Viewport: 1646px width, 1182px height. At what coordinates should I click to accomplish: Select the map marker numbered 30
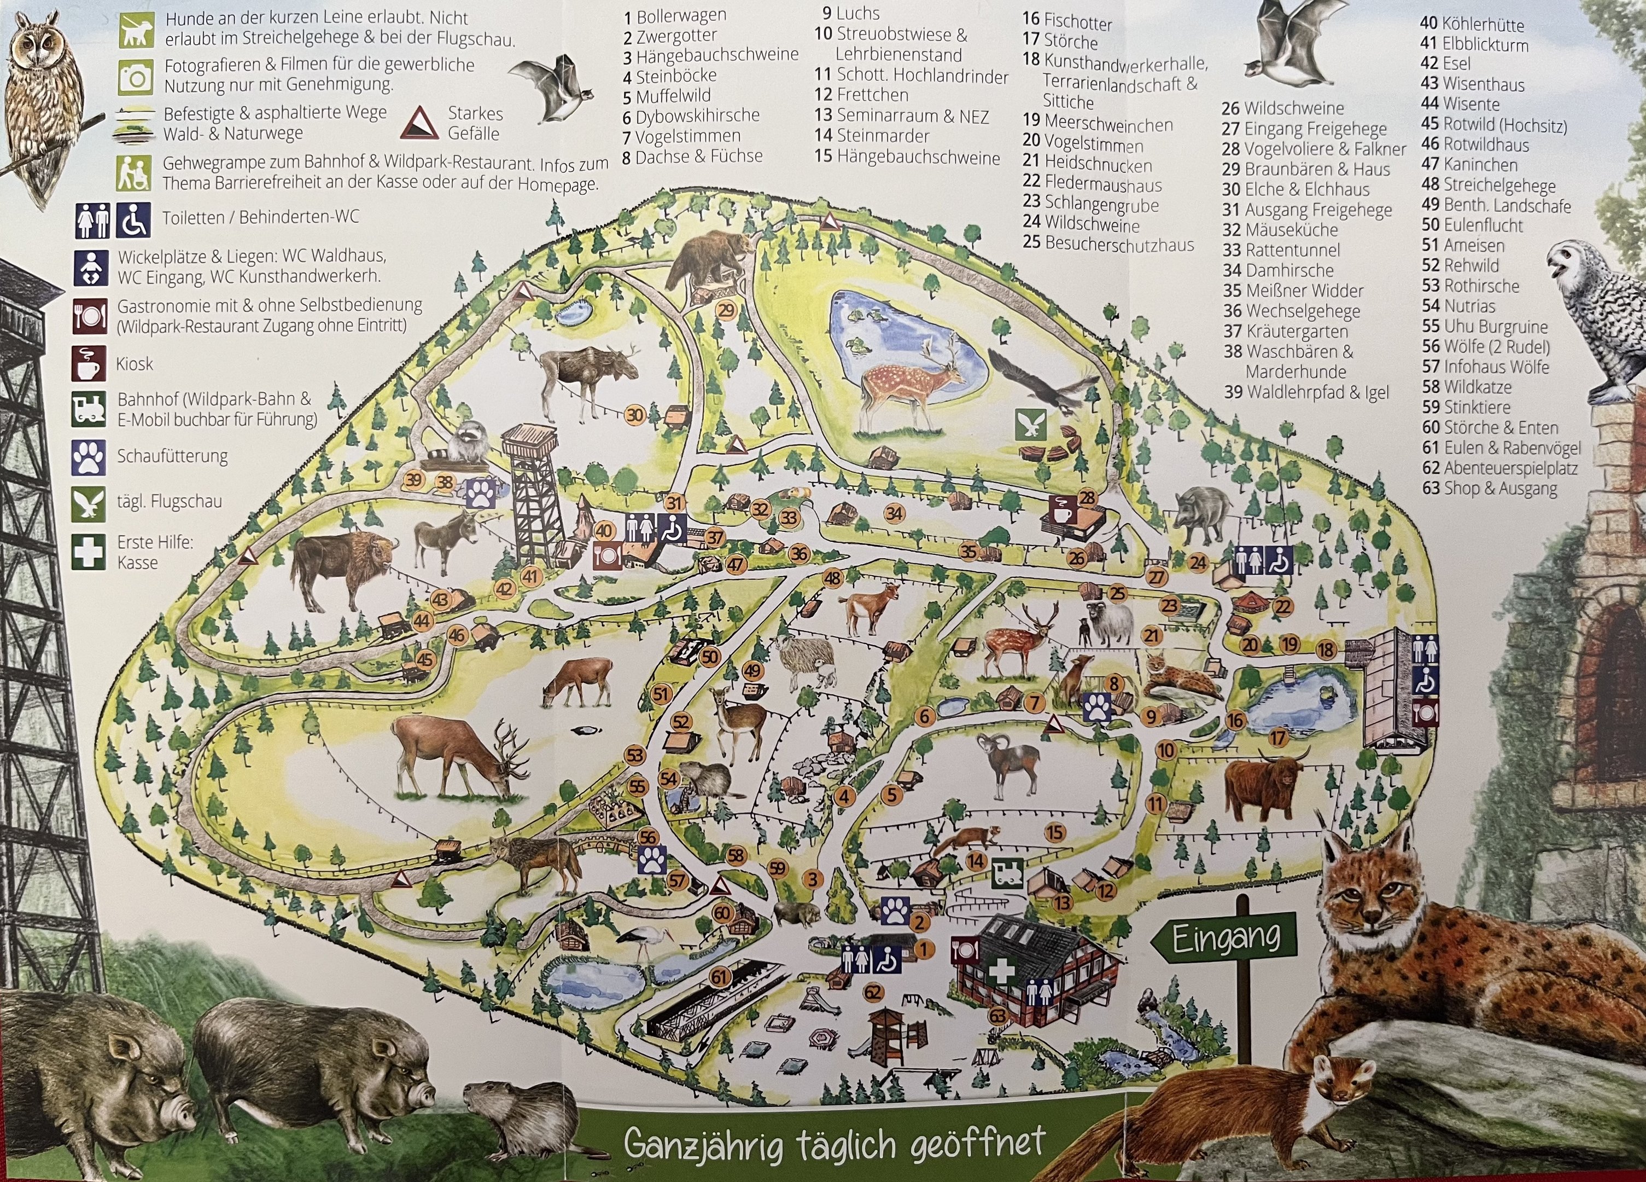[635, 415]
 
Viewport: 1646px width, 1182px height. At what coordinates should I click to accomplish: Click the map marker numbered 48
[832, 578]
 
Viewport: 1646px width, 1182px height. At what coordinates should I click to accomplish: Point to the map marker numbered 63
[999, 1015]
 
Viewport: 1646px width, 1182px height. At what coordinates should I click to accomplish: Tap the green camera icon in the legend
[136, 76]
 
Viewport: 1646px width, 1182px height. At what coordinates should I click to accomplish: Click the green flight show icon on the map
[1030, 425]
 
